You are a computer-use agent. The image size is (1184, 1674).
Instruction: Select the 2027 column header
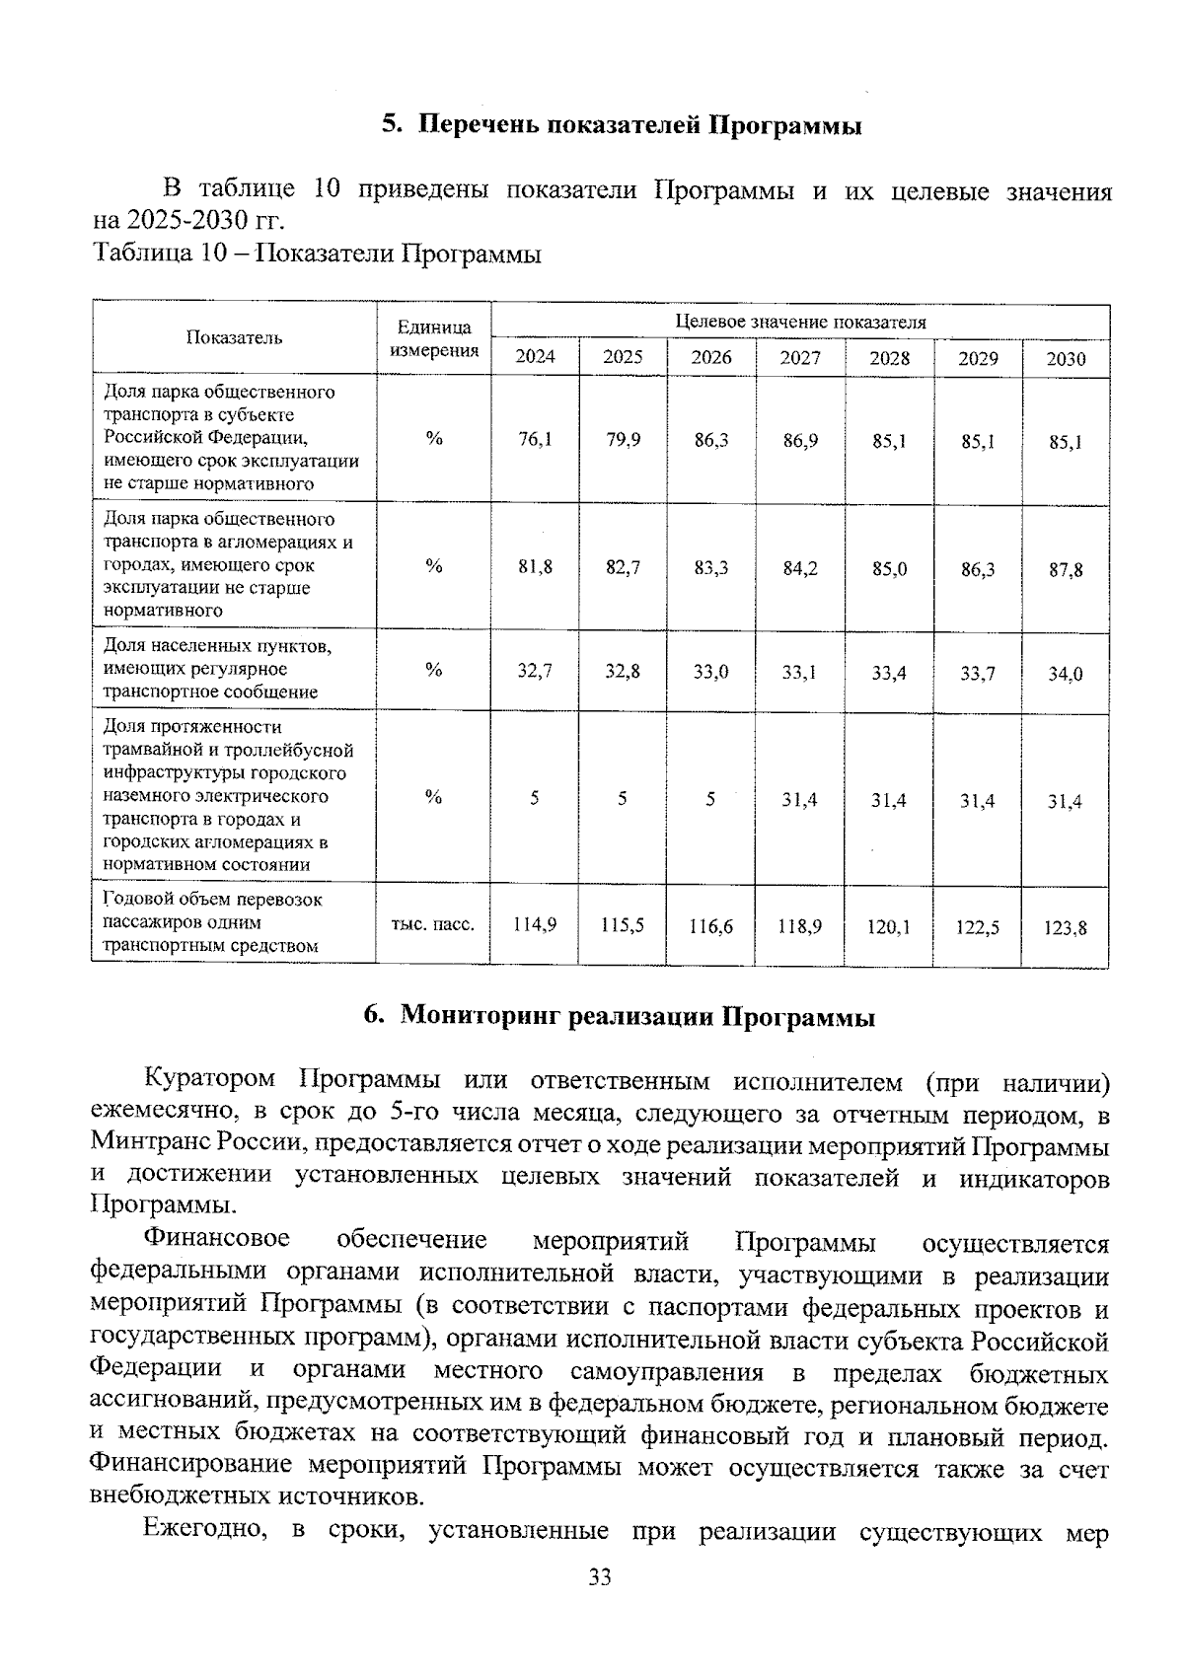click(x=799, y=358)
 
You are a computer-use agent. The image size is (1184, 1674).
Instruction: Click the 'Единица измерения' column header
click(x=434, y=338)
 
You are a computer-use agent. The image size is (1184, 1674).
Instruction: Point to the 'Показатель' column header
click(x=235, y=337)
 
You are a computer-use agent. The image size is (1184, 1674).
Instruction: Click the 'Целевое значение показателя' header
click(x=799, y=322)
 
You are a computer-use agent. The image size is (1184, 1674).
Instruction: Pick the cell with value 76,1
click(x=535, y=440)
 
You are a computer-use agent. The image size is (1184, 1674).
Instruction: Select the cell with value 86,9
click(x=800, y=441)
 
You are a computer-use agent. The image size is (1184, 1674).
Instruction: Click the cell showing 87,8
click(x=1066, y=570)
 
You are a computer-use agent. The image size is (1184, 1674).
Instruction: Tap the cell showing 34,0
click(x=1066, y=674)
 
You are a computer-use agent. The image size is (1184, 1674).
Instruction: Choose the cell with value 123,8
click(x=1066, y=927)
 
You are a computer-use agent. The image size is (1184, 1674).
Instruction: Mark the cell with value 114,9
click(x=535, y=924)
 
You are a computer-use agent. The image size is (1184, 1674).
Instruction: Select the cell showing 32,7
click(x=535, y=671)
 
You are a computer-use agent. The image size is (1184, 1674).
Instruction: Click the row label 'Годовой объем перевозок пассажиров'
click(x=213, y=922)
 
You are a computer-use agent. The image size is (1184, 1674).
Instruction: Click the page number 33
click(x=600, y=1576)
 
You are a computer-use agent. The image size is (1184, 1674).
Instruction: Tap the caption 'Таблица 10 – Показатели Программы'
click(x=317, y=255)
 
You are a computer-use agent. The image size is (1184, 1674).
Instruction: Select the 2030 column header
click(x=1066, y=359)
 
